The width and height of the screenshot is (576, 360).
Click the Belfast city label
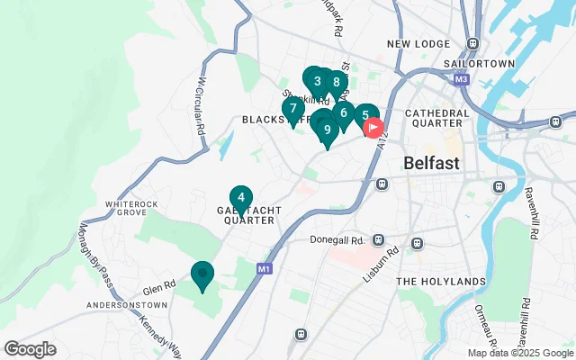pyautogui.click(x=431, y=164)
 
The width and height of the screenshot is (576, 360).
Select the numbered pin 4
pyautogui.click(x=240, y=198)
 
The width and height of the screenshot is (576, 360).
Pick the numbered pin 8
pyautogui.click(x=337, y=83)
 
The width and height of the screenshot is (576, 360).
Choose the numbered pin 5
pyautogui.click(x=364, y=115)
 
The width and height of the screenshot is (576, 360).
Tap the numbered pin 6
pyautogui.click(x=343, y=113)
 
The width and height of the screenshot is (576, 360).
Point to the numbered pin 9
pyautogui.click(x=327, y=130)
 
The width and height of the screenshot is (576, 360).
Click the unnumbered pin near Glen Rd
pyautogui.click(x=202, y=274)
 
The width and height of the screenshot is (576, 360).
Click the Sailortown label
pyautogui.click(x=478, y=64)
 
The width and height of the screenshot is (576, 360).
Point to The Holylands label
pyautogui.click(x=441, y=282)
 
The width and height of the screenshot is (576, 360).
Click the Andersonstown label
pyautogui.click(x=124, y=306)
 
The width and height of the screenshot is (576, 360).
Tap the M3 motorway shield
pyautogui.click(x=462, y=79)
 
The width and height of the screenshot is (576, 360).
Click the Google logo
pyautogui.click(x=30, y=349)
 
